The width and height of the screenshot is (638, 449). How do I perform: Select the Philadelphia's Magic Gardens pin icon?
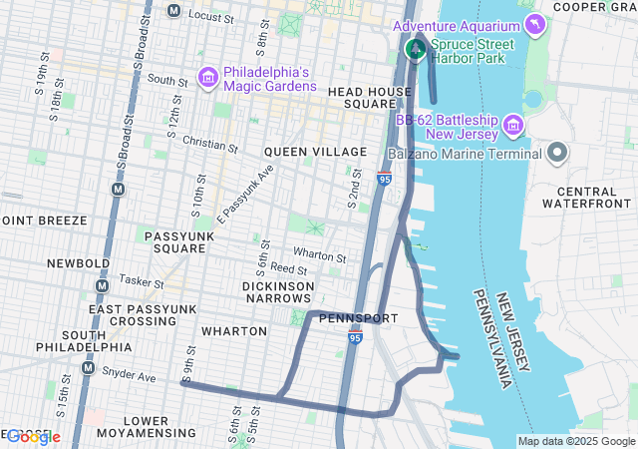point(209,76)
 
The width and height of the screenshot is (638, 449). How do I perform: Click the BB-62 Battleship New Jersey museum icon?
point(513,126)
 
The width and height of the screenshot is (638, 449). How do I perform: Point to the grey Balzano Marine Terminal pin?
point(556,154)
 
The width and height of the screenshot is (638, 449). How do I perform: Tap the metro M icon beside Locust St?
point(173,12)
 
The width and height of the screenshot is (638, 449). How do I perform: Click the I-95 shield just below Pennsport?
point(356,339)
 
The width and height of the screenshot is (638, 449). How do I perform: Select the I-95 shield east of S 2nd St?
point(385,180)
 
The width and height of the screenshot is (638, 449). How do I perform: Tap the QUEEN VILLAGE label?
point(316,152)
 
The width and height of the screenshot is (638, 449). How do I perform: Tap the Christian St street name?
point(210,146)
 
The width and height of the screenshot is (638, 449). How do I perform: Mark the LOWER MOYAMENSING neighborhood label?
point(147,426)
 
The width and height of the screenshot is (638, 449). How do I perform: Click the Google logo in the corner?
point(31,437)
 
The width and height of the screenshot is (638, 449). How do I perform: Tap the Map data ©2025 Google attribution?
point(575,441)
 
